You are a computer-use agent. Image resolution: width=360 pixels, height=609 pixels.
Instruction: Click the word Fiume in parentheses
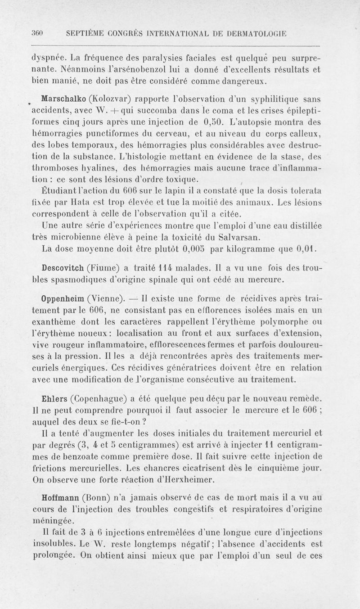tap(103, 267)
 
